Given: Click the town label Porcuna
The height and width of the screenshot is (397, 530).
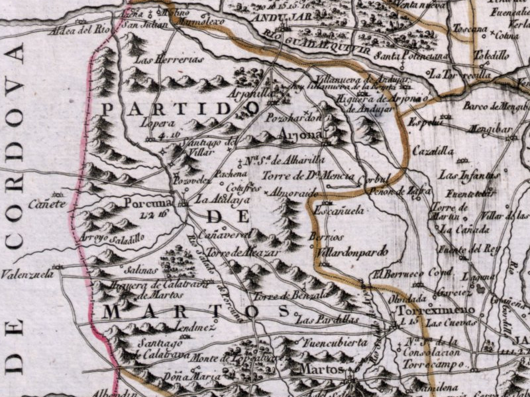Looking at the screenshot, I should pyautogui.click(x=148, y=203).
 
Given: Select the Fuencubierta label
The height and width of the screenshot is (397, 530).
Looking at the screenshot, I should pyautogui.click(x=335, y=343).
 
